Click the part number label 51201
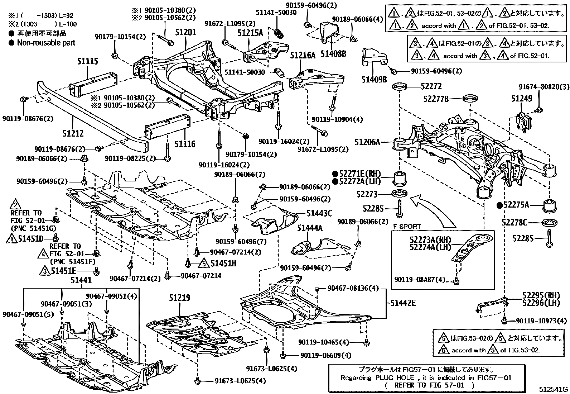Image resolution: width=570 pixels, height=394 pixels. [x=185, y=32]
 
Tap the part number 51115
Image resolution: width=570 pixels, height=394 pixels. [x=87, y=61]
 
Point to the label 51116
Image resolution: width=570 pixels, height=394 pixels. [x=185, y=144]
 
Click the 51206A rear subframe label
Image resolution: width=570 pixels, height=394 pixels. [x=367, y=142]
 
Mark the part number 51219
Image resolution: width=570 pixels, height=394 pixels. [x=180, y=298]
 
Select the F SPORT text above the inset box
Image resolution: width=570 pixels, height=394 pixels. [x=407, y=227]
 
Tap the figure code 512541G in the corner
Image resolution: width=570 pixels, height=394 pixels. [x=554, y=389]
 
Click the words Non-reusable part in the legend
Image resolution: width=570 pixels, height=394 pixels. [x=46, y=43]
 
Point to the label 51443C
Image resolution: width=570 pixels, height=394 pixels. [x=319, y=214]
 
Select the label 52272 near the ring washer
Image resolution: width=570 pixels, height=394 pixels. [x=431, y=86]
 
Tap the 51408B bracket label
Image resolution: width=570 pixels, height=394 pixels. [x=333, y=54]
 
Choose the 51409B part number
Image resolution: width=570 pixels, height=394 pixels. [x=373, y=79]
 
